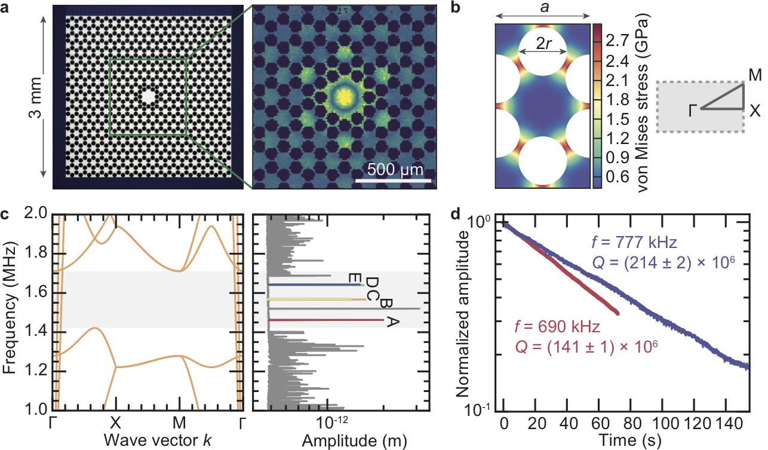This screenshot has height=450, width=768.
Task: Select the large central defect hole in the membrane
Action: click(x=148, y=96)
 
